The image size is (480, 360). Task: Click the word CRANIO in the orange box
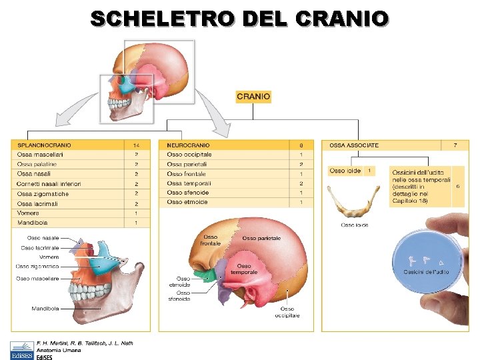[x=253, y=97]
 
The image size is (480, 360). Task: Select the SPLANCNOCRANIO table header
[x=44, y=145]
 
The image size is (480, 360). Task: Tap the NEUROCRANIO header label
[x=188, y=145]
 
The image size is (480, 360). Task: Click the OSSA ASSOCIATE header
[x=353, y=145]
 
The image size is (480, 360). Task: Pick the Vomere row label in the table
[x=28, y=213]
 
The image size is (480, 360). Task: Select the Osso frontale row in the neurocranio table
[x=187, y=174]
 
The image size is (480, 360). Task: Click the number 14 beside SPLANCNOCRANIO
[x=136, y=145]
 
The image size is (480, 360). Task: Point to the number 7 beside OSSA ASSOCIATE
[x=455, y=145]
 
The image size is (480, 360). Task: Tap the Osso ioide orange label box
[x=345, y=171]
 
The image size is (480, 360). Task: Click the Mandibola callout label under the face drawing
[x=45, y=309]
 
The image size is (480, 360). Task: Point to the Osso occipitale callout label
[x=287, y=312]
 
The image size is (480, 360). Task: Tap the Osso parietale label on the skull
[x=261, y=238]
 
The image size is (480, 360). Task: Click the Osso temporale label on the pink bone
[x=245, y=269]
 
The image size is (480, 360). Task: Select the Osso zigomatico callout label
[x=37, y=266]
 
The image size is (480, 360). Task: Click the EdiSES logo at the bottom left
[x=23, y=350]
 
